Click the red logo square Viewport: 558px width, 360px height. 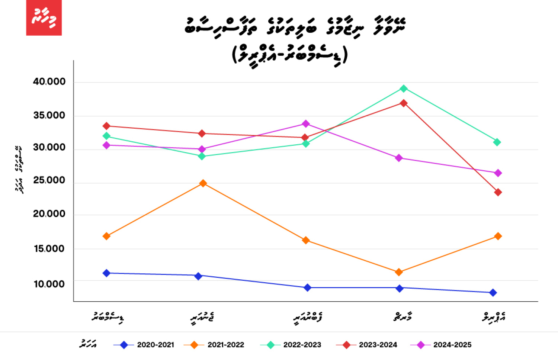pyautogui.click(x=44, y=18)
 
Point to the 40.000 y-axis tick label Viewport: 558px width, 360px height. pyautogui.click(x=49, y=82)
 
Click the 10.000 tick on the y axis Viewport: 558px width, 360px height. pyautogui.click(x=49, y=284)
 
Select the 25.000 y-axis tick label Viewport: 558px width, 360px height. pyautogui.click(x=49, y=180)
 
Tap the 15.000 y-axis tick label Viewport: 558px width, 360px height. pyautogui.click(x=49, y=249)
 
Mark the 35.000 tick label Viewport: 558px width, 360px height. pyautogui.click(x=49, y=116)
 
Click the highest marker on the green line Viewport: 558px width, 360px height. pyautogui.click(x=404, y=89)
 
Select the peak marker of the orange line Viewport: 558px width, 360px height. pyautogui.click(x=203, y=183)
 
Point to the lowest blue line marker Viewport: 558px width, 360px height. pyautogui.click(x=493, y=293)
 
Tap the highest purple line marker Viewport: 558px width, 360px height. pyautogui.click(x=306, y=123)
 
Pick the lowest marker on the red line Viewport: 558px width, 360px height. pyautogui.click(x=498, y=192)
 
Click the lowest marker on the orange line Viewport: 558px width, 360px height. pyautogui.click(x=399, y=272)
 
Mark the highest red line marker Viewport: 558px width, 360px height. pyautogui.click(x=404, y=103)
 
